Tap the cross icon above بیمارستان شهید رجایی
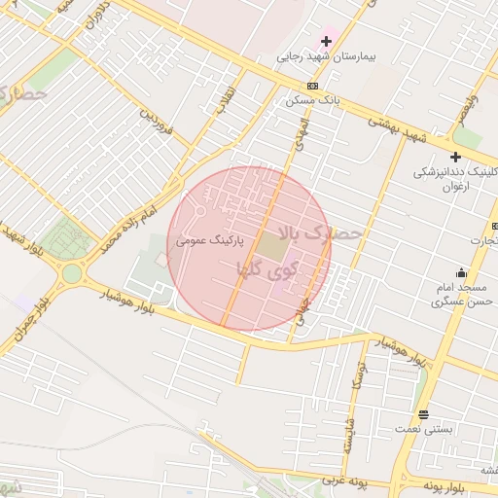tap(326, 41)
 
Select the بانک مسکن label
tap(310, 100)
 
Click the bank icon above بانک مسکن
tap(311, 87)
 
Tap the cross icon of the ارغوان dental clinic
tap(455, 157)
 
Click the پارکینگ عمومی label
tap(209, 239)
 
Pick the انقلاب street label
tap(225, 98)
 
